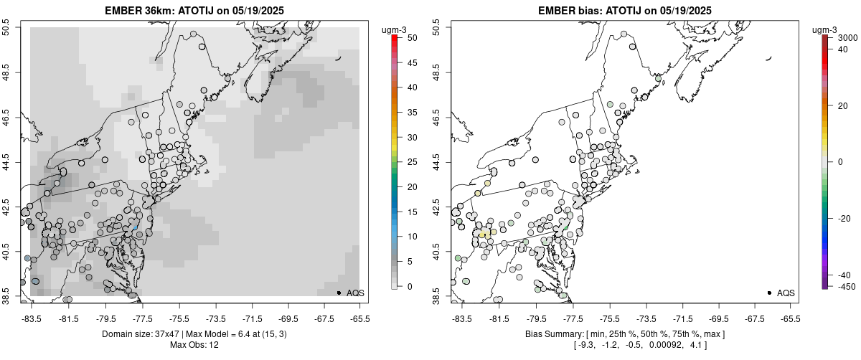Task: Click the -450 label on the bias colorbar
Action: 846,287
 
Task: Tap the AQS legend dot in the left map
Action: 339,293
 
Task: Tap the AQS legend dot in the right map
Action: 769,293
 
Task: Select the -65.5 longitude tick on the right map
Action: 790,318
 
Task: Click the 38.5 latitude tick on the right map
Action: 443,295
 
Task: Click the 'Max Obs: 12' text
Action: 194,345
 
